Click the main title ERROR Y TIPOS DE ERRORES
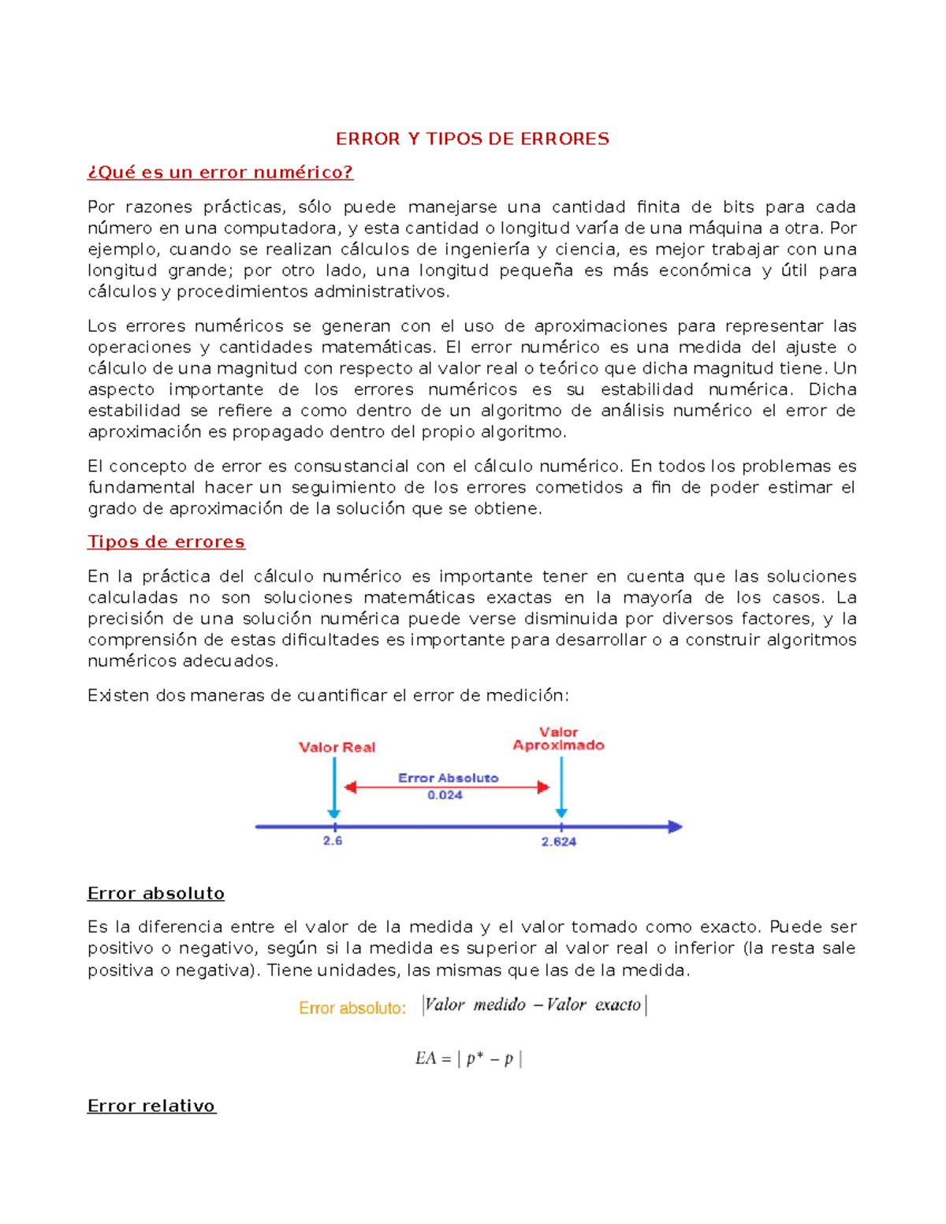[x=472, y=139]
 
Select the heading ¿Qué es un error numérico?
[x=220, y=173]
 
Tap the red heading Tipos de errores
[x=166, y=542]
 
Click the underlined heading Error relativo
[x=151, y=1106]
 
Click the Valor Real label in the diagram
[x=337, y=747]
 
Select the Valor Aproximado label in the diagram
[x=558, y=738]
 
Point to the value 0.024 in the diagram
[x=445, y=795]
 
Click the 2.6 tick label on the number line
[x=333, y=841]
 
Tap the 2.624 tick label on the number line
[x=558, y=842]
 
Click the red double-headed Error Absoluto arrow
[x=447, y=787]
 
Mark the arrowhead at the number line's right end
[x=675, y=827]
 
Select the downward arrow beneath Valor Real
[x=334, y=788]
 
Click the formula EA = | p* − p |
[x=468, y=1058]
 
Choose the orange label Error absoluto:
[x=352, y=1008]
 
